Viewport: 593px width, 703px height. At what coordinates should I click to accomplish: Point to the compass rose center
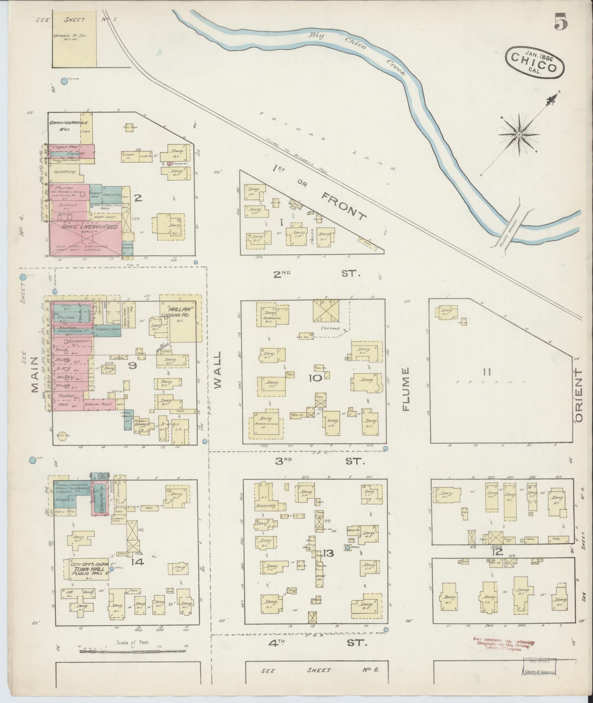(x=519, y=135)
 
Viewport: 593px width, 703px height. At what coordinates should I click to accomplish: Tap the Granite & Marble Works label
(x=68, y=126)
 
